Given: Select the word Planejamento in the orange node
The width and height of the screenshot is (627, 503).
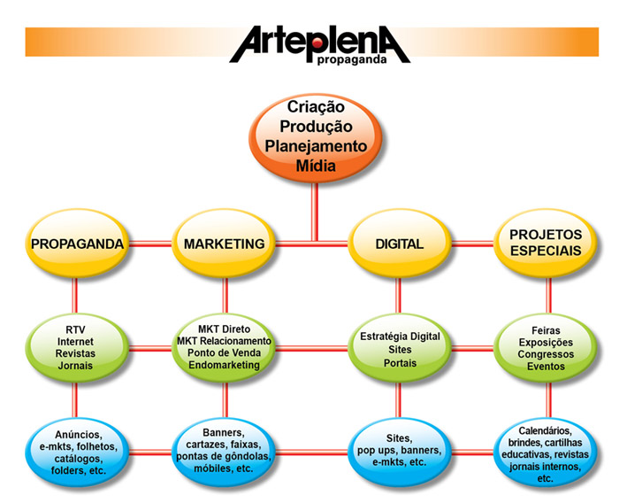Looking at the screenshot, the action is (x=316, y=146).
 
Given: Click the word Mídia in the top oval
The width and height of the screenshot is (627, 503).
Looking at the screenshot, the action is (x=316, y=166).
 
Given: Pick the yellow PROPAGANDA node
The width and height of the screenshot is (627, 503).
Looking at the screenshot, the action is (x=78, y=244).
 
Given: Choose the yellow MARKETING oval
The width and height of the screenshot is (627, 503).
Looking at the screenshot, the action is (x=224, y=244).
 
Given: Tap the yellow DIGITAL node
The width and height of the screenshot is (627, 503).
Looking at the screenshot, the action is (x=400, y=244).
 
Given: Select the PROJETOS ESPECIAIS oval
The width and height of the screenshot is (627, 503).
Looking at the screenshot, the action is (x=546, y=244).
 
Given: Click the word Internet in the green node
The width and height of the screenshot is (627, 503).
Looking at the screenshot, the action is (x=75, y=342).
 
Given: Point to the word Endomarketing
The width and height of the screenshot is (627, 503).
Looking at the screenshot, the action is (x=224, y=365).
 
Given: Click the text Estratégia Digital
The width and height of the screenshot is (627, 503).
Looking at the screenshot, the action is (x=400, y=337).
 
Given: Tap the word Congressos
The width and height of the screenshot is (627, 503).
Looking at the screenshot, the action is (x=546, y=354).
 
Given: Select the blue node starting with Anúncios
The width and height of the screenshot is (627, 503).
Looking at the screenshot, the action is (x=78, y=453).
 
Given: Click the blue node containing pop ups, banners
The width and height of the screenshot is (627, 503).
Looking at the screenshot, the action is (x=400, y=453).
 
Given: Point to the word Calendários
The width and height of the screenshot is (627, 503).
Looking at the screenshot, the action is (x=545, y=431).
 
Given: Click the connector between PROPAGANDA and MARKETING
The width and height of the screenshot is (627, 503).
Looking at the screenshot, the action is (x=150, y=244).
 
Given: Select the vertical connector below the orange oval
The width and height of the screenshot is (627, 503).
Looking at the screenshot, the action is (x=315, y=213).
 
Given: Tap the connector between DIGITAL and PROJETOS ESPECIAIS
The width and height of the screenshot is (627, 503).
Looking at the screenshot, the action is (x=472, y=244).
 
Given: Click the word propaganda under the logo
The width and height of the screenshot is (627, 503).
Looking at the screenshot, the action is (x=352, y=60).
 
